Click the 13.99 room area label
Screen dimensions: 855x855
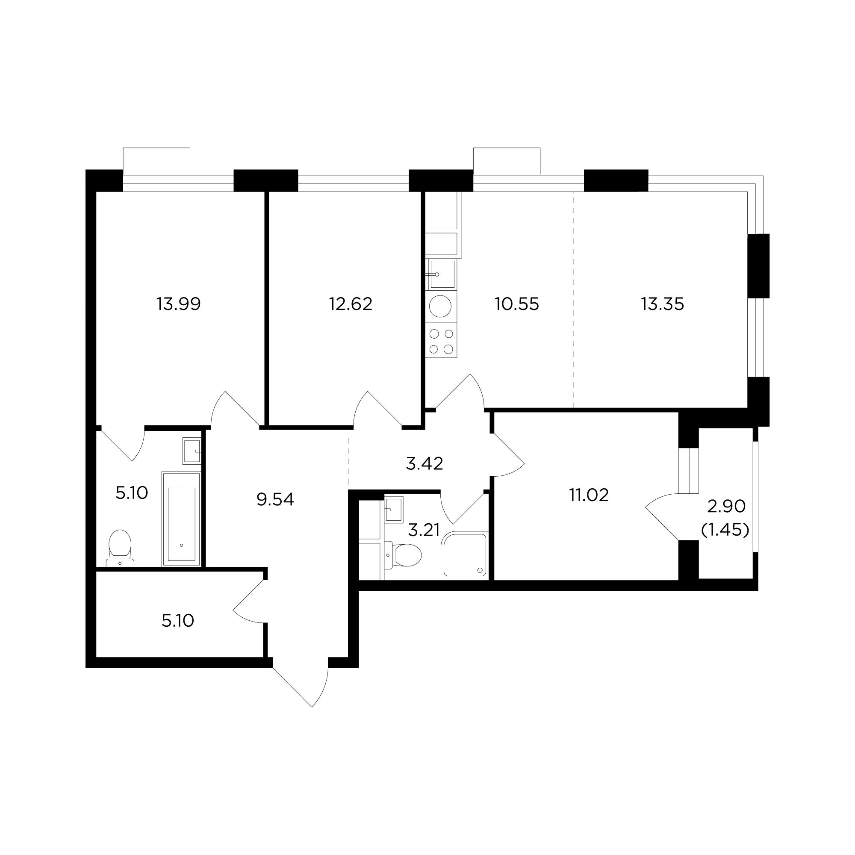[178, 304]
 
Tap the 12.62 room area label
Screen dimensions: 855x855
[351, 304]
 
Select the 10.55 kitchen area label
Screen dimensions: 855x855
[517, 304]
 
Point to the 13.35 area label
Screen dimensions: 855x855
[663, 304]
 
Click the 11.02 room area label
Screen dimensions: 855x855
[589, 495]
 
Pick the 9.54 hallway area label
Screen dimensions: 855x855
[275, 500]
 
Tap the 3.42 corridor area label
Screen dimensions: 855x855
[425, 464]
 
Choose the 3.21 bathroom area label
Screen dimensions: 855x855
[424, 530]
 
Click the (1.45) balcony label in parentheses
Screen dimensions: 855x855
[725, 529]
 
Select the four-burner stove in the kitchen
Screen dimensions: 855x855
[441, 341]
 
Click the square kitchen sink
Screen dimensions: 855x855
[441, 274]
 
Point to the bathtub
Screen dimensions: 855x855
[181, 519]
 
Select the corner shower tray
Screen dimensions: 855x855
[465, 556]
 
